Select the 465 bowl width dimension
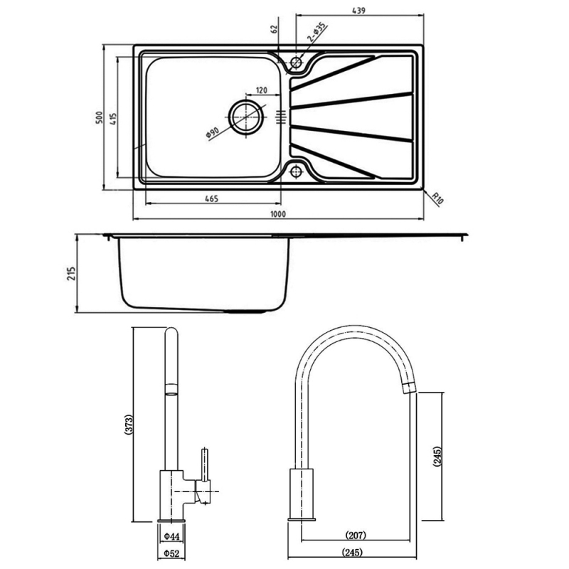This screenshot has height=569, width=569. (x=211, y=198)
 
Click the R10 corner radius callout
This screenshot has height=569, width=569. (x=437, y=198)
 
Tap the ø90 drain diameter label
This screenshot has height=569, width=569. (x=212, y=133)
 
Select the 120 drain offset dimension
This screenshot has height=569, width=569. (x=261, y=90)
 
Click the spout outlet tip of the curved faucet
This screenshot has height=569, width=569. (x=410, y=386)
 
